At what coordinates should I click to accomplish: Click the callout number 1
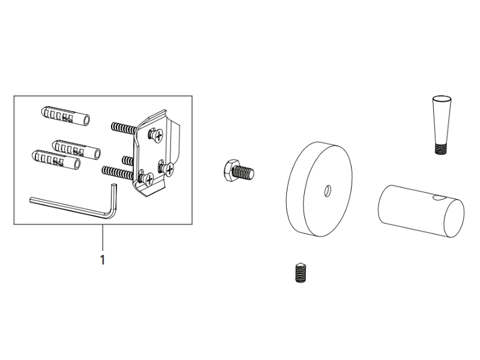103,260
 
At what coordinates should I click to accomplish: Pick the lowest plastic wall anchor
56,160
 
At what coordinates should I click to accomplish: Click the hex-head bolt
239,171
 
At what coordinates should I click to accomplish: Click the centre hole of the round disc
328,191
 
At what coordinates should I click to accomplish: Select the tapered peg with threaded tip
442,125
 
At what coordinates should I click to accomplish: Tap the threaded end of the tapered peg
442,149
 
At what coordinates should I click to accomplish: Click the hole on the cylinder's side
439,199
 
